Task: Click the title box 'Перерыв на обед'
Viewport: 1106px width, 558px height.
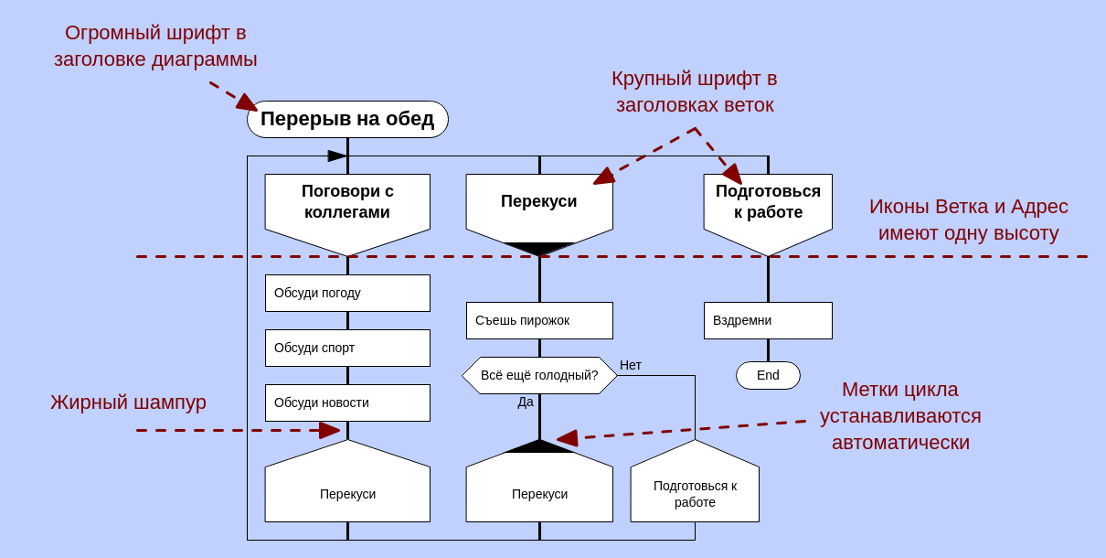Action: tap(347, 119)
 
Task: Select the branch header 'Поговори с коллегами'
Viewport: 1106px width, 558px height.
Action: tap(347, 203)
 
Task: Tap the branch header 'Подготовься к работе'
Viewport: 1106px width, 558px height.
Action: tap(768, 203)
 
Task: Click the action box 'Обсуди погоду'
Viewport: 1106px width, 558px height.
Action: tap(347, 293)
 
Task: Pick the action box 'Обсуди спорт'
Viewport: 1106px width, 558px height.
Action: tap(347, 348)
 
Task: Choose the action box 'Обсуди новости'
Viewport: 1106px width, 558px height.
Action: tap(347, 402)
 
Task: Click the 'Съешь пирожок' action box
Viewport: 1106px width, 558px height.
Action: tap(539, 320)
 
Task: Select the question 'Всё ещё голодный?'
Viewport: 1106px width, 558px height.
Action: tap(539, 375)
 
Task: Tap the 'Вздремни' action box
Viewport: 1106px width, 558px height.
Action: tap(768, 320)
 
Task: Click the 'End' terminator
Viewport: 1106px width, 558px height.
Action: tap(768, 375)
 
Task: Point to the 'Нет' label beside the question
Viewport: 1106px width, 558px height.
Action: tap(631, 365)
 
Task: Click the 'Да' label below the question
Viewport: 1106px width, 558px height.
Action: tap(526, 402)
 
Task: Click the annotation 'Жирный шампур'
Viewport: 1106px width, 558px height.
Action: tap(128, 402)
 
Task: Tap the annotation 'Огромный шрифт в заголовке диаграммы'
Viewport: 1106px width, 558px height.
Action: tap(155, 46)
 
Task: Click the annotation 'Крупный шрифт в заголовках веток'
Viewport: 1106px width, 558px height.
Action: tap(695, 91)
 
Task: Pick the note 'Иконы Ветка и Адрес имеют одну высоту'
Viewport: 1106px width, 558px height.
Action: tap(969, 220)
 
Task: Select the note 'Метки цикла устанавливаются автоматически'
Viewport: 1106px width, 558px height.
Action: tap(900, 415)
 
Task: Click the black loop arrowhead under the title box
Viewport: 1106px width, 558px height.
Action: tap(337, 156)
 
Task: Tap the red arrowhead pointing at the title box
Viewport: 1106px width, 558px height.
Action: tap(248, 103)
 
